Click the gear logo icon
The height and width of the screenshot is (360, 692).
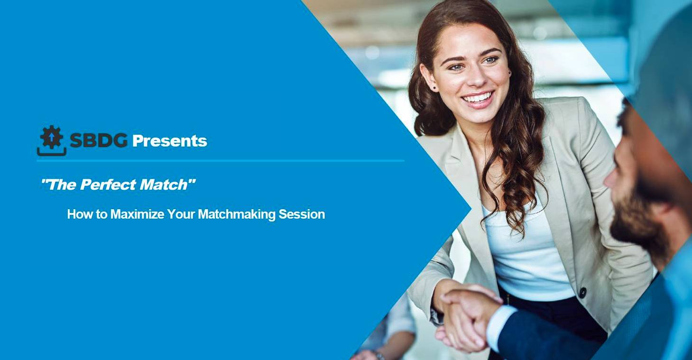point(52,140)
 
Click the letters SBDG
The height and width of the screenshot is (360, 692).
point(99,140)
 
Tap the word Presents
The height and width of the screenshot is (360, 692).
point(170,141)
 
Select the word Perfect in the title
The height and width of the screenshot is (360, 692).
point(108,185)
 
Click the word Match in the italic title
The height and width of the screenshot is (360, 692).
point(164,185)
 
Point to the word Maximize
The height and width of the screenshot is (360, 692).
point(137,214)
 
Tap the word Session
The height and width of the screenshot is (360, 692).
point(302,214)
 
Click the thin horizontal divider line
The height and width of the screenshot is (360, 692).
point(221,161)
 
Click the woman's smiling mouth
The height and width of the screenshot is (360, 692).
point(478,98)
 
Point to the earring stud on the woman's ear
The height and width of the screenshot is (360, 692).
point(434,88)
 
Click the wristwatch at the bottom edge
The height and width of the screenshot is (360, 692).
point(379,355)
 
